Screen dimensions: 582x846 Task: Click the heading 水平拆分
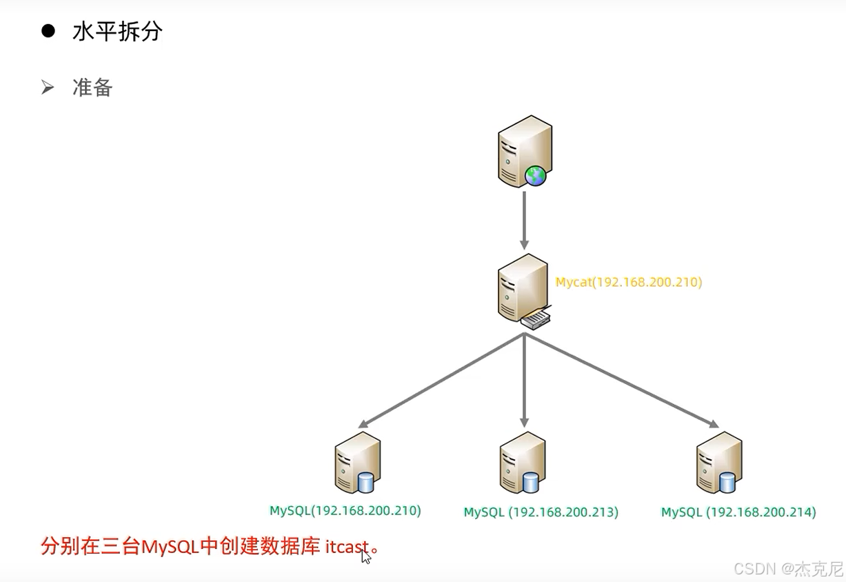117,32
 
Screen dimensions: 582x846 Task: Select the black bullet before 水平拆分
48,31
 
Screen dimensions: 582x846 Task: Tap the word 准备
92,88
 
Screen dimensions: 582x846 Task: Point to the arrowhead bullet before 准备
47,88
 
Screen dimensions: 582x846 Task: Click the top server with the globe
525,150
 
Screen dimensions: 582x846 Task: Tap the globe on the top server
535,176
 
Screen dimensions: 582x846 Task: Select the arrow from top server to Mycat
524,219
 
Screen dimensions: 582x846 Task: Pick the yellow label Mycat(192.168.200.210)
628,282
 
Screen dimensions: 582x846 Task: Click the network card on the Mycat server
536,319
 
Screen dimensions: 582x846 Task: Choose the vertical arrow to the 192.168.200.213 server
524,379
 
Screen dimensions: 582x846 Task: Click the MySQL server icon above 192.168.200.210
357,461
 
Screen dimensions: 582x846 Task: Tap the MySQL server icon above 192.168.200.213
522,461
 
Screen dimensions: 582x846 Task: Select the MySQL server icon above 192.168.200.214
718,461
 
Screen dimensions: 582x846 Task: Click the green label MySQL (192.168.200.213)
541,512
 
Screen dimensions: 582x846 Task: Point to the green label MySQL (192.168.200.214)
738,512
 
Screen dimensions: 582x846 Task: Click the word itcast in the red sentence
347,548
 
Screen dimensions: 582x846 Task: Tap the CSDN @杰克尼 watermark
788,568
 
